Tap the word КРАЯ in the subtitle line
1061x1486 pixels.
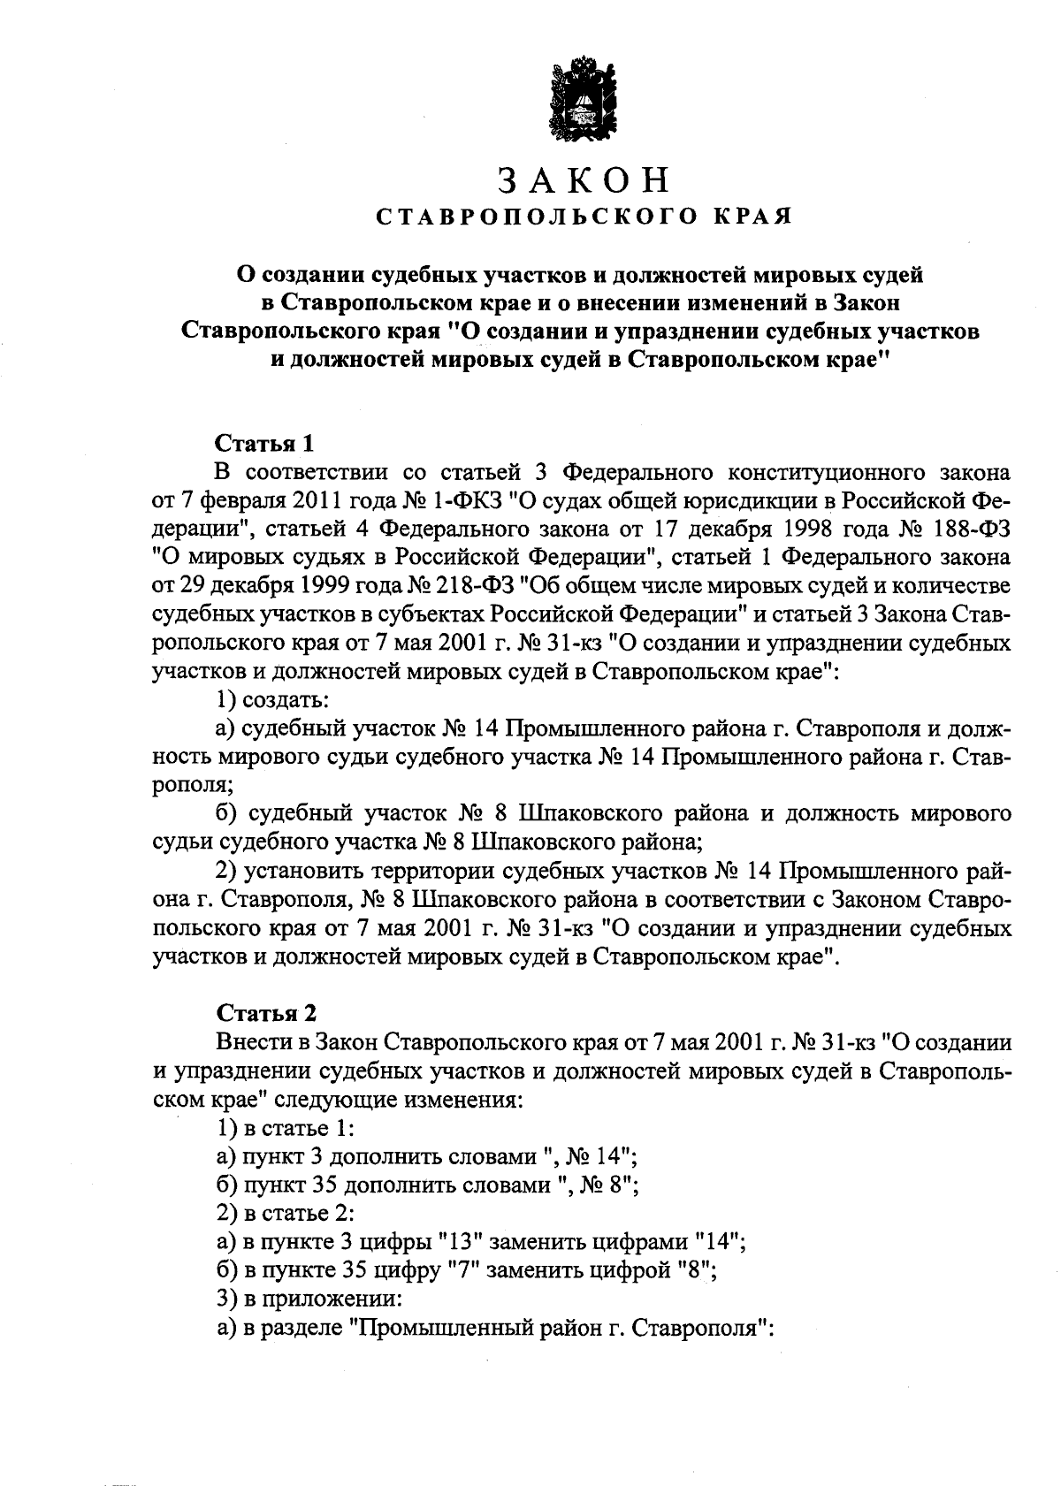(751, 216)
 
